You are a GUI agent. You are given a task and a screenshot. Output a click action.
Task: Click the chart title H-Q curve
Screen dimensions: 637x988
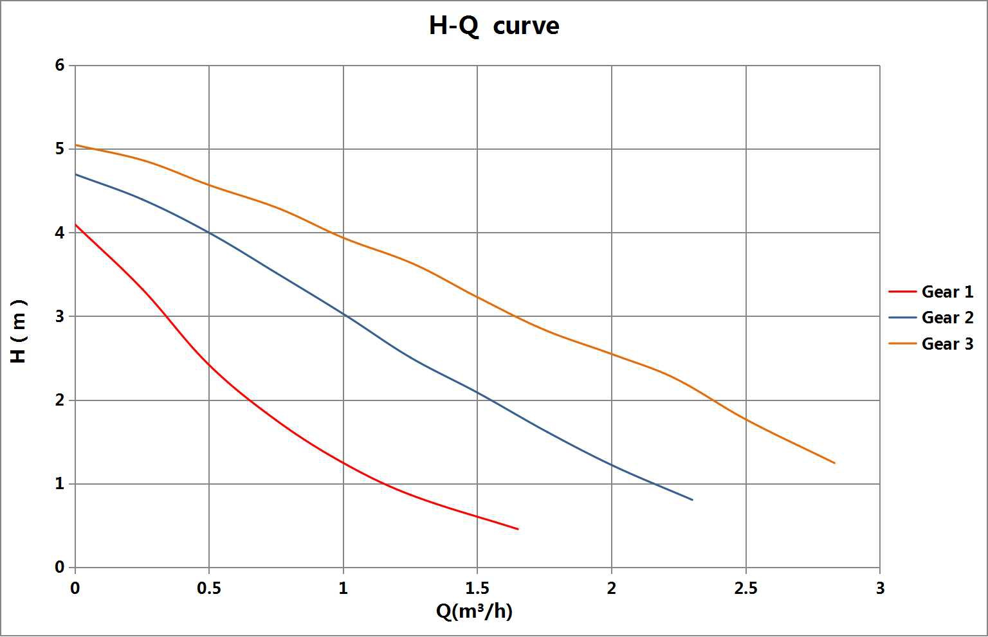pyautogui.click(x=494, y=26)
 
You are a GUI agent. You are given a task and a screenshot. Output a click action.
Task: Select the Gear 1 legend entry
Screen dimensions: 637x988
pyautogui.click(x=947, y=292)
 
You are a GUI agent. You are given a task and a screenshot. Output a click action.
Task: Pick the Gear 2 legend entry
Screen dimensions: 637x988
pyautogui.click(x=947, y=318)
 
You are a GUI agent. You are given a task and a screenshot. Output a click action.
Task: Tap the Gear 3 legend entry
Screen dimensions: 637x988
pyautogui.click(x=947, y=344)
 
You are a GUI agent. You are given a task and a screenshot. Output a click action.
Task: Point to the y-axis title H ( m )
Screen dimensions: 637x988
pyautogui.click(x=19, y=331)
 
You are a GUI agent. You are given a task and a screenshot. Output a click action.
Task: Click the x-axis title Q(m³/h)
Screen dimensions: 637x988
pyautogui.click(x=474, y=611)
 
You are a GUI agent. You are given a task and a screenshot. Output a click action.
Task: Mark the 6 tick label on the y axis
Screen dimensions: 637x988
pyautogui.click(x=60, y=65)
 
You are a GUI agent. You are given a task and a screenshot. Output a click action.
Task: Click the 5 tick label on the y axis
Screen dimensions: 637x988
pyautogui.click(x=60, y=149)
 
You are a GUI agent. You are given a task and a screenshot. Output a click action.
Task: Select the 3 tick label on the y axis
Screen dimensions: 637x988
pyautogui.click(x=60, y=316)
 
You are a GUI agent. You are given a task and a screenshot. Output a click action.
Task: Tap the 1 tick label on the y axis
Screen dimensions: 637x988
pyautogui.click(x=60, y=483)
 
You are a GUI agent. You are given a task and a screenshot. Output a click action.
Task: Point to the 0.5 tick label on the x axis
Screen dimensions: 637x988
pyautogui.click(x=209, y=588)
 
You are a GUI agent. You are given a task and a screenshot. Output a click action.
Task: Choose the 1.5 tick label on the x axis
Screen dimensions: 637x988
pyautogui.click(x=477, y=588)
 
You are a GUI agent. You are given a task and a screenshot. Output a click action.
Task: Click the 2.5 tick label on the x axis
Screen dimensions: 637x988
pyautogui.click(x=746, y=588)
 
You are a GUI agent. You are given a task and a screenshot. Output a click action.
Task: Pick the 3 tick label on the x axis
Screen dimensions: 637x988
pyautogui.click(x=880, y=588)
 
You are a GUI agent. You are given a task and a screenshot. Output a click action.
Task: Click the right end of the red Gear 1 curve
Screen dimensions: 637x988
pyautogui.click(x=518, y=529)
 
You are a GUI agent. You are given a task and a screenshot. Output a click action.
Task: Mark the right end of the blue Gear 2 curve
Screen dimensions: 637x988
pyautogui.click(x=692, y=499)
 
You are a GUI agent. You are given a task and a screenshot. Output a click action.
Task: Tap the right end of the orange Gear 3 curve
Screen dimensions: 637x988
pyautogui.click(x=834, y=463)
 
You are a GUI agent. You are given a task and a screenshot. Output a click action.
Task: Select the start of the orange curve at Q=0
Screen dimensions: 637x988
pyautogui.click(x=76, y=145)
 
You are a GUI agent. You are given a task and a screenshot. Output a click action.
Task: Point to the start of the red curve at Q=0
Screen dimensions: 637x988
pyautogui.click(x=76, y=224)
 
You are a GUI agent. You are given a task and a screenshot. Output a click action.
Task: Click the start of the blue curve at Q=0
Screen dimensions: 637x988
pyautogui.click(x=76, y=174)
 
